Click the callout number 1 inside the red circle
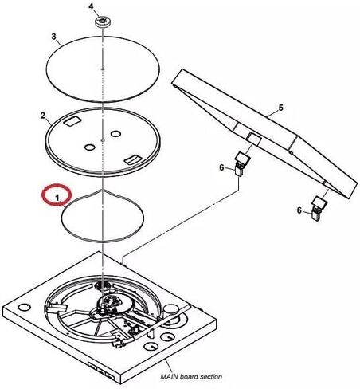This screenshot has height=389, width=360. click(57, 198)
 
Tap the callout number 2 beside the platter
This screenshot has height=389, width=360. click(42, 116)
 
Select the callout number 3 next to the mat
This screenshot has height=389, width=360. click(54, 37)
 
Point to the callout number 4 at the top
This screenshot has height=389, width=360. click(91, 6)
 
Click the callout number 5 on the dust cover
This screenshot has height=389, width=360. click(281, 108)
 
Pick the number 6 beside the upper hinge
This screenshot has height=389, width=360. click(221, 167)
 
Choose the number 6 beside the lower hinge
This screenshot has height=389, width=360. click(299, 210)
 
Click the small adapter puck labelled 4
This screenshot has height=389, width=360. click(102, 22)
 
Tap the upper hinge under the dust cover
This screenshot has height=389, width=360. click(242, 163)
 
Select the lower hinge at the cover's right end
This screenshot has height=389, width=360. click(319, 208)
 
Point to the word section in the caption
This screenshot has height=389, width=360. click(211, 376)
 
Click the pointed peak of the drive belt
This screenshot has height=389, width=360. click(103, 190)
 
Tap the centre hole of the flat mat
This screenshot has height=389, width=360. click(103, 69)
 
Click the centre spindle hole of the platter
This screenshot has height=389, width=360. click(103, 139)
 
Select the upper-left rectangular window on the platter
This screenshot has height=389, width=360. click(72, 121)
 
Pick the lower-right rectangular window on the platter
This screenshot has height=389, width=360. click(133, 159)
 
